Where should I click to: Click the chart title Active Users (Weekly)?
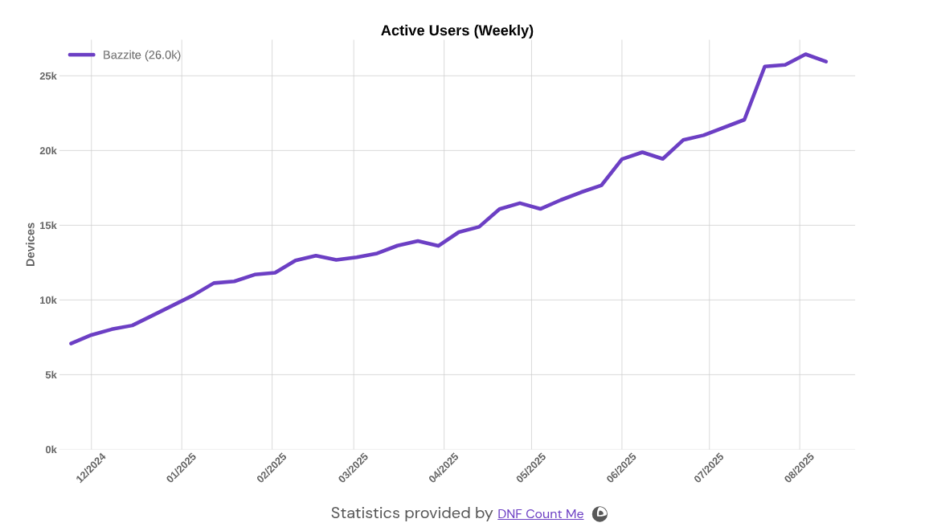click(x=456, y=31)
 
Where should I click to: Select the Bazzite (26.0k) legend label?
click(x=141, y=55)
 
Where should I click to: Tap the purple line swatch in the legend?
click(x=82, y=55)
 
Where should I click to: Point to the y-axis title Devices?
click(x=31, y=244)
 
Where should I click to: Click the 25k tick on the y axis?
click(x=48, y=76)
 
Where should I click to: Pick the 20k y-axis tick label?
click(x=48, y=151)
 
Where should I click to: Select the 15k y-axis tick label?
click(x=48, y=226)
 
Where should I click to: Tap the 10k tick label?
click(x=48, y=300)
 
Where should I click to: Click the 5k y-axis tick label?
click(x=50, y=375)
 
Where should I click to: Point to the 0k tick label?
click(x=51, y=450)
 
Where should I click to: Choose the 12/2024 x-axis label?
click(x=91, y=468)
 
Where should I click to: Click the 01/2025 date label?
click(x=182, y=468)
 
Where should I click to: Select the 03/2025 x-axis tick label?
click(x=354, y=468)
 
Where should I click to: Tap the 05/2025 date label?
click(x=531, y=468)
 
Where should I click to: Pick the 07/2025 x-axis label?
click(x=709, y=468)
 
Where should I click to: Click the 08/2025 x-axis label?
click(x=800, y=468)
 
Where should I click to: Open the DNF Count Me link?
click(x=540, y=514)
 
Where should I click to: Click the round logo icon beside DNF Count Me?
click(x=600, y=514)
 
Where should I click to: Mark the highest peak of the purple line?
click(x=805, y=54)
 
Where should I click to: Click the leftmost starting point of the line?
click(x=71, y=344)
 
